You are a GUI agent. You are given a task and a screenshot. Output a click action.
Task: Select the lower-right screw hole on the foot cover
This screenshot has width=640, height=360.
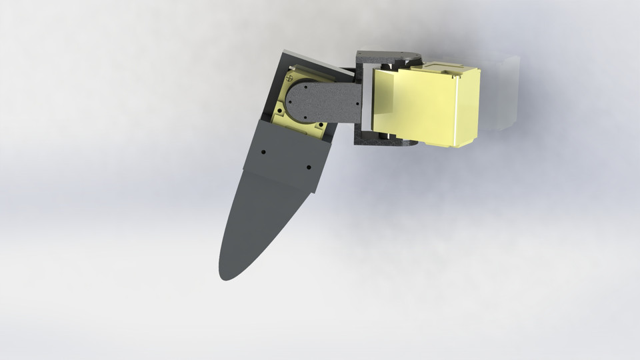pos(308,167)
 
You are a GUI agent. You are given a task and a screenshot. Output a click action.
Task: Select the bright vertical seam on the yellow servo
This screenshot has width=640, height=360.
pos(457,110)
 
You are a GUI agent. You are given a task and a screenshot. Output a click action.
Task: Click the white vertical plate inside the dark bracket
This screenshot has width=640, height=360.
pos(367,100)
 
